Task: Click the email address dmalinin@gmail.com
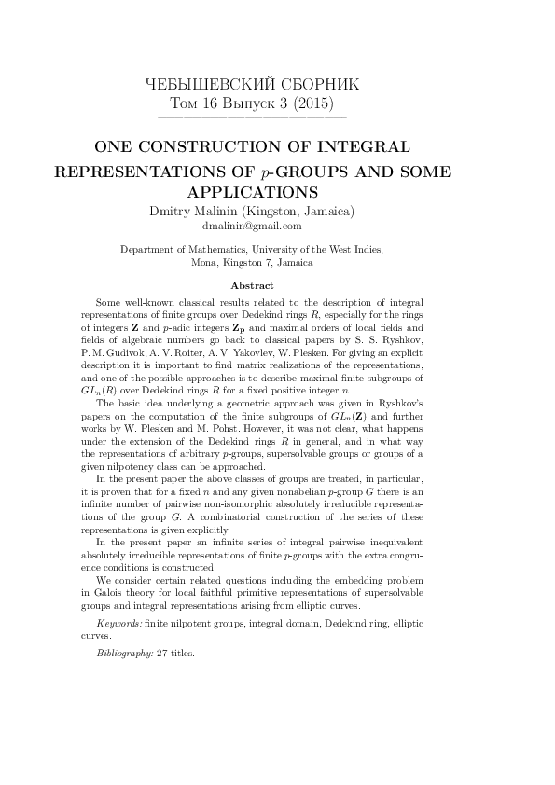point(252,227)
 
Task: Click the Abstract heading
point(252,285)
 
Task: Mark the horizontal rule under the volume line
point(253,118)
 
